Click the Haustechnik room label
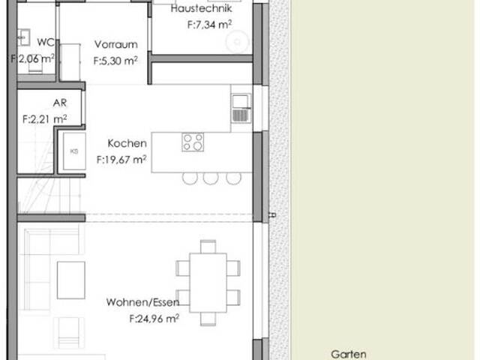[201, 10]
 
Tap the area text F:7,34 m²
[209, 25]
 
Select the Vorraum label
[115, 45]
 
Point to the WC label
[44, 42]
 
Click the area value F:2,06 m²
[32, 58]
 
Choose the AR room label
[60, 103]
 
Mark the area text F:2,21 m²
[45, 118]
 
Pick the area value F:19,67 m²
[121, 159]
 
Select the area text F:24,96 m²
[154, 318]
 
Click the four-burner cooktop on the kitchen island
[192, 141]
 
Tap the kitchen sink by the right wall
[240, 108]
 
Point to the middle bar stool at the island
[211, 178]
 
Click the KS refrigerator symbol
[73, 151]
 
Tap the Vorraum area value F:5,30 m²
[115, 61]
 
